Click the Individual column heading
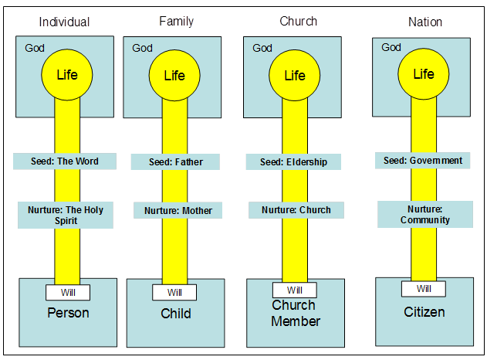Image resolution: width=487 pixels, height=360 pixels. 64,22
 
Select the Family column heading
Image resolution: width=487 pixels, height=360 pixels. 177,21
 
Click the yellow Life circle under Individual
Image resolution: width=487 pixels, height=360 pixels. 66,75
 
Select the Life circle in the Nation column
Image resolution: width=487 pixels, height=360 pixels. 423,74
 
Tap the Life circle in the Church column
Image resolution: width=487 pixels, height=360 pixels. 294,76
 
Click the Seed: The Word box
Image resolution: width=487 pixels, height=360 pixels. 65,161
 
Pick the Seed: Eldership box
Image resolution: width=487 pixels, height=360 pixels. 293,162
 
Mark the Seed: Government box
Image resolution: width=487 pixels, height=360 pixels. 423,161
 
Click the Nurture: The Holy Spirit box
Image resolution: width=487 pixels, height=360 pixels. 66,215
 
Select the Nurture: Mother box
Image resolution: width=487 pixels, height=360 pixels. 178,210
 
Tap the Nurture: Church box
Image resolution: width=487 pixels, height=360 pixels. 296,209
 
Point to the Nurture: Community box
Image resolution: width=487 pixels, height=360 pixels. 424,214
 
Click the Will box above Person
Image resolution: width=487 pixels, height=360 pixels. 67,292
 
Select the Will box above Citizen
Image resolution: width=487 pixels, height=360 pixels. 424,288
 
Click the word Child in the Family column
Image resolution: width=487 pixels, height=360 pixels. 176,314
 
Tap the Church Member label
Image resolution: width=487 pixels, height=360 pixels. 296,313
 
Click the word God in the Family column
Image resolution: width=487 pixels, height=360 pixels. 142,48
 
